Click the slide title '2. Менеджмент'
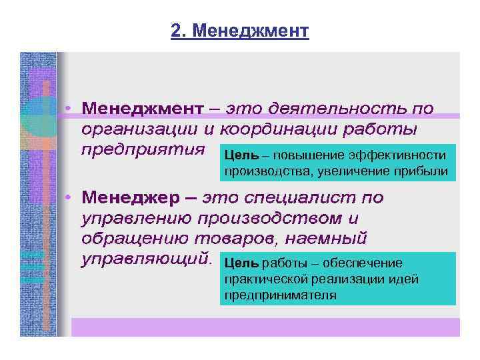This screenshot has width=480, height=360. [x=240, y=31]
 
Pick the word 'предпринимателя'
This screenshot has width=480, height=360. [x=280, y=294]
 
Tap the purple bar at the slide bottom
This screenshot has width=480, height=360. [x=265, y=327]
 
